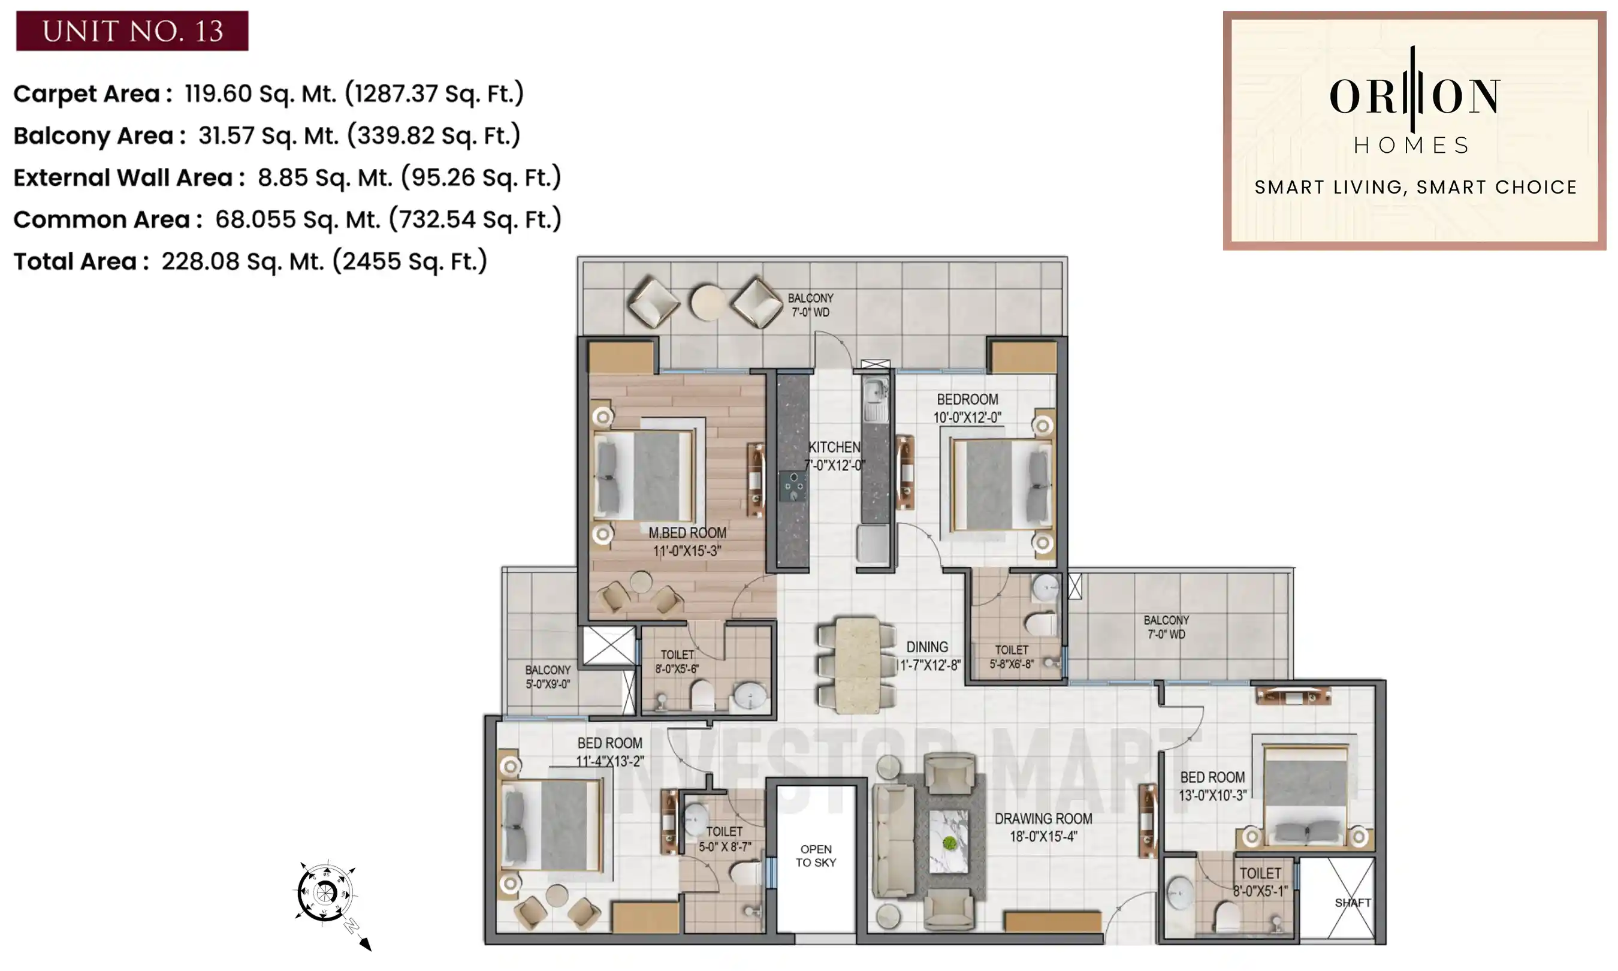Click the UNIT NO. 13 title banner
[x=132, y=31]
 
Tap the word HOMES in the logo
[x=1412, y=145]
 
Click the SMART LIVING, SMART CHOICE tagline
[x=1415, y=188]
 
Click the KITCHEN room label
[x=834, y=448]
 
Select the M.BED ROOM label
[x=687, y=533]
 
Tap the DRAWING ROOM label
[x=1043, y=819]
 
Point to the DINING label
[x=926, y=647]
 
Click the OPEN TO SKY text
[x=816, y=856]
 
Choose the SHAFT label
[x=1353, y=903]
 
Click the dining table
[x=857, y=664]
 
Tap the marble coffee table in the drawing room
[x=949, y=842]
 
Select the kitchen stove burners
[x=793, y=486]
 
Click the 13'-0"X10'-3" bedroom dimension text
[x=1212, y=795]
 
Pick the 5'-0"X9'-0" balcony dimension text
[x=548, y=684]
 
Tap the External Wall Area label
[x=123, y=177]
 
